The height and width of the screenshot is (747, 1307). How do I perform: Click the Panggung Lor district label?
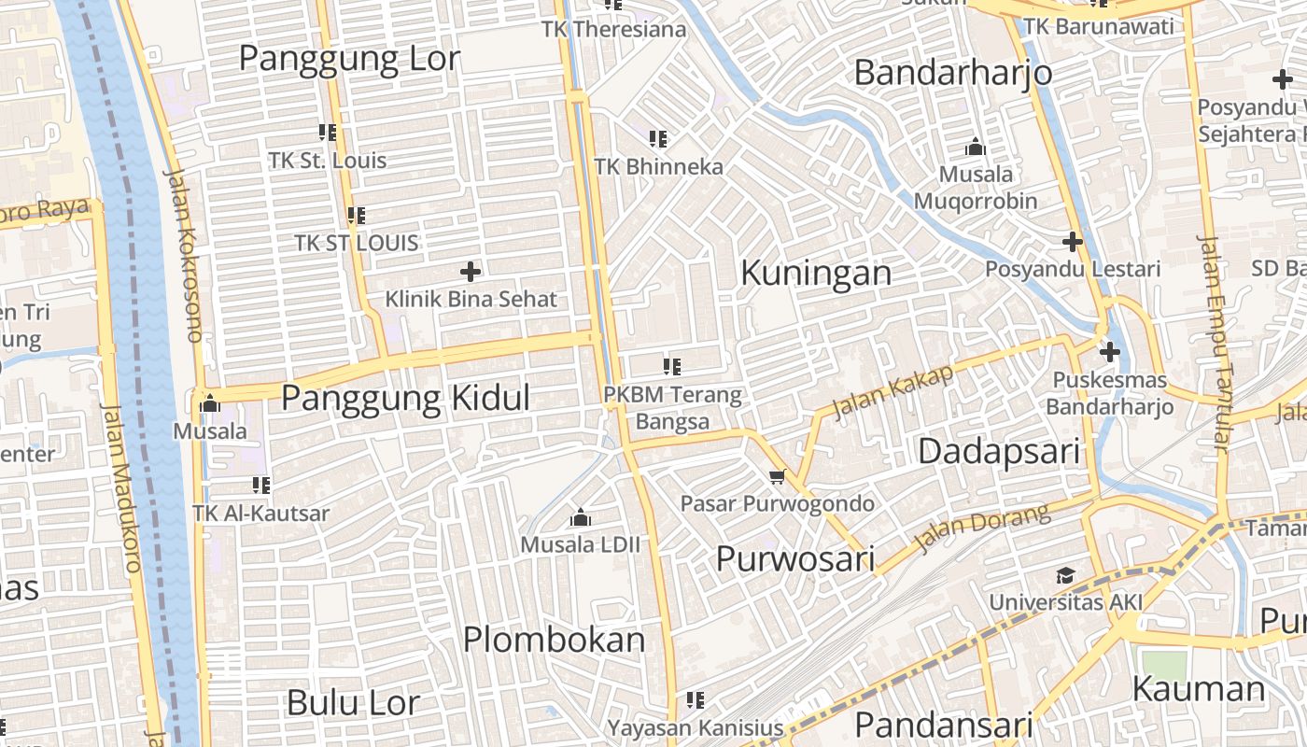(x=349, y=59)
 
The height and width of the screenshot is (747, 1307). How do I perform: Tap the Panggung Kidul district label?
(x=405, y=399)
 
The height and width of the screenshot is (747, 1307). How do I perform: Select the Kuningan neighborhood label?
(x=816, y=273)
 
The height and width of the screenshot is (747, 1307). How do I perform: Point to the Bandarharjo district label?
(x=953, y=72)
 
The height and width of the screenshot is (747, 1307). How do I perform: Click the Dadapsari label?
(x=999, y=452)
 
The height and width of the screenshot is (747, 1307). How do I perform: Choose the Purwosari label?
(x=794, y=558)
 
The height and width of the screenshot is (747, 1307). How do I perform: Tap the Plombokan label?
(x=555, y=640)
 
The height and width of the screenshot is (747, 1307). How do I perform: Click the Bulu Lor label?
(x=353, y=702)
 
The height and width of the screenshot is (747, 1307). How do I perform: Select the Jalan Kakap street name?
(x=894, y=391)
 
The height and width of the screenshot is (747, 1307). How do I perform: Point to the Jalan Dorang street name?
(x=982, y=529)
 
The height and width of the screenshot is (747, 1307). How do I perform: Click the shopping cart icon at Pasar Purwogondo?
(x=777, y=477)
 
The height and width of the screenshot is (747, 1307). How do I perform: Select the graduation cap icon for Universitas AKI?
(x=1065, y=575)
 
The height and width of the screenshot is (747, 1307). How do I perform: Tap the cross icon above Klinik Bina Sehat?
(x=471, y=272)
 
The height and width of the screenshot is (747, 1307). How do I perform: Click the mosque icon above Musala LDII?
(x=581, y=517)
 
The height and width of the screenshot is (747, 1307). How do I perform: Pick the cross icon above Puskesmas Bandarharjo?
(x=1109, y=353)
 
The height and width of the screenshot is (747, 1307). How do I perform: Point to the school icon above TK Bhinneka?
(x=658, y=139)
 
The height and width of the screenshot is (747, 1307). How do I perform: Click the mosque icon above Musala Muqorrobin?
(x=976, y=147)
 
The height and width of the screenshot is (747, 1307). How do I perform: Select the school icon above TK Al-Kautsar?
(x=261, y=486)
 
